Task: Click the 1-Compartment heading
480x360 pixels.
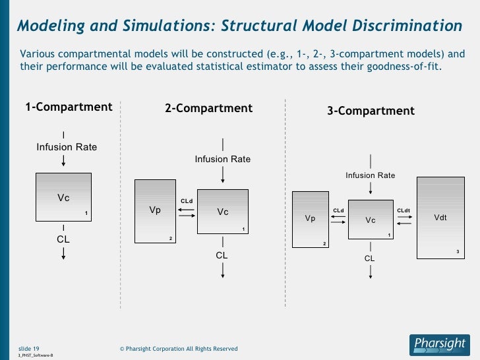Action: [69, 107]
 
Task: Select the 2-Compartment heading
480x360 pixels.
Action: [208, 108]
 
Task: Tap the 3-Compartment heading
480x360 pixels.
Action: [371, 111]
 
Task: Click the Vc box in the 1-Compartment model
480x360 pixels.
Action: [63, 196]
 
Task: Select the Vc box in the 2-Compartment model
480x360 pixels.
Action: [223, 212]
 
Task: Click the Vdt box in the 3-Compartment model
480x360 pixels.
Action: [440, 218]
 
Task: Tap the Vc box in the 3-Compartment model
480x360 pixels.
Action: [371, 220]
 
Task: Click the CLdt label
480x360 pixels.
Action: [404, 210]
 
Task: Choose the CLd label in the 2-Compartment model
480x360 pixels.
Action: [187, 201]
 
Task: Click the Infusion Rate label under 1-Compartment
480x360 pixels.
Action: [67, 147]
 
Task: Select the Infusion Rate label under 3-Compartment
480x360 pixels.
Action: [371, 175]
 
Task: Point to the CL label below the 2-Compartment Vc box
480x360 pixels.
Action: [222, 255]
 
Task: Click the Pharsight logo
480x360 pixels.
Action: [438, 343]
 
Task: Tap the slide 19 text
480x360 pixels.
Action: [28, 348]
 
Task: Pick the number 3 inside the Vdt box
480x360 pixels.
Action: [458, 252]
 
